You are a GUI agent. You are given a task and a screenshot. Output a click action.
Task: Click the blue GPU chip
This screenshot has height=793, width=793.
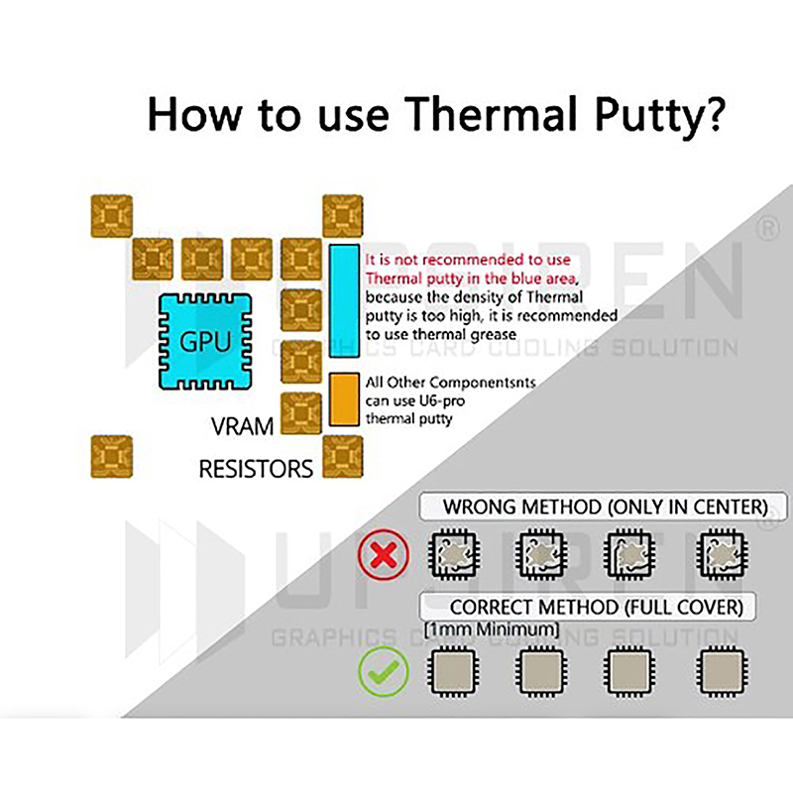[205, 342]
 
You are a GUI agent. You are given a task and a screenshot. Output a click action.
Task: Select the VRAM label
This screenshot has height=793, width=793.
[242, 426]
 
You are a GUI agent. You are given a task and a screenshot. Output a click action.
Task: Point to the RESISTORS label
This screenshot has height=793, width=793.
[256, 469]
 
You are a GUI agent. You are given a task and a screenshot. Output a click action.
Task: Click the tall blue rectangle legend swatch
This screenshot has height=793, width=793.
[344, 301]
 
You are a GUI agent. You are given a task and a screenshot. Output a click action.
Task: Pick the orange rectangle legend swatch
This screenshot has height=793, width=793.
[344, 399]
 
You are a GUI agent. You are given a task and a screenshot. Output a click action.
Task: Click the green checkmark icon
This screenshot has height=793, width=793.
[384, 671]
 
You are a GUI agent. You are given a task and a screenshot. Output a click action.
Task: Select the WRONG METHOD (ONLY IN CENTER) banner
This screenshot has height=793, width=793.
[604, 507]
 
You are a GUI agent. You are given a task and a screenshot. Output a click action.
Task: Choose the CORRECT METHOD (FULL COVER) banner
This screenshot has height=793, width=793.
[588, 607]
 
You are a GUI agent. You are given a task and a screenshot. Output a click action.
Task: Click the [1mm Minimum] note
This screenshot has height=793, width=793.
[492, 630]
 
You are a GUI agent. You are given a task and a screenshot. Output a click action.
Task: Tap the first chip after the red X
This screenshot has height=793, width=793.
[454, 554]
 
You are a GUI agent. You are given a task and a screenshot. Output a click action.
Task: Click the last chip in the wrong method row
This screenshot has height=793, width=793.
[722, 554]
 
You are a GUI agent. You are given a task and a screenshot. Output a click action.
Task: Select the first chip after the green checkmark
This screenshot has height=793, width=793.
[453, 672]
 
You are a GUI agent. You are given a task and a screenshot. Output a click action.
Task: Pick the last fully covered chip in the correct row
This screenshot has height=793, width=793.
[722, 672]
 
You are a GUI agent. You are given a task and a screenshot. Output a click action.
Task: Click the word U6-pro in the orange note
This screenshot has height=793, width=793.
[440, 401]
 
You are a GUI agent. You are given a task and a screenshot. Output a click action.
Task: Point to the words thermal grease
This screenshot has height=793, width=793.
[463, 335]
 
